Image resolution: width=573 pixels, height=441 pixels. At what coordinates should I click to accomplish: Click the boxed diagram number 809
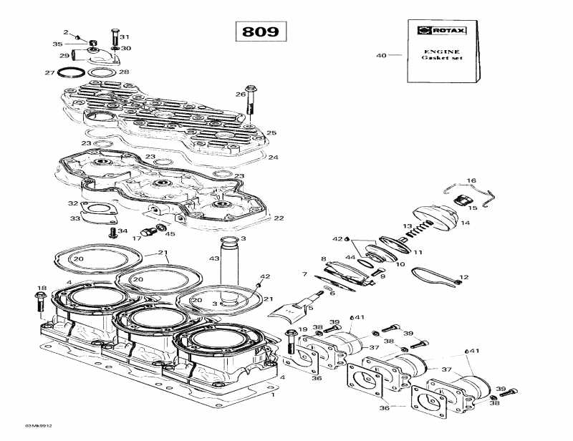point(260,31)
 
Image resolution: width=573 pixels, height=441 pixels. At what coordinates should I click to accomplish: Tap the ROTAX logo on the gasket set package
point(437,30)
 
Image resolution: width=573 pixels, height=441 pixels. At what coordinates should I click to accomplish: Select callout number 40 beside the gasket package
point(381,55)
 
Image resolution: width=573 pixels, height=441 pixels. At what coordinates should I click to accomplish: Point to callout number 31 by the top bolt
point(125,37)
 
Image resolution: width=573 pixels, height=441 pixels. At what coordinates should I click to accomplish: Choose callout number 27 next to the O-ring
point(49,73)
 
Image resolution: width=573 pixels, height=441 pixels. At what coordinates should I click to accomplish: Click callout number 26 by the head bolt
point(241,94)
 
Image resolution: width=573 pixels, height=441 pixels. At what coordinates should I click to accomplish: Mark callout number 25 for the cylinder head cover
point(271,132)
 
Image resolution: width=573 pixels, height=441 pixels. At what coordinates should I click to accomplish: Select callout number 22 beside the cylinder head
point(279,218)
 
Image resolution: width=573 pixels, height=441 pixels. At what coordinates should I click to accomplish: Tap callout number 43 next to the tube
point(213,258)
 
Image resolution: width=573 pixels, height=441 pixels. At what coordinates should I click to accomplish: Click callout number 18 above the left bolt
point(40,288)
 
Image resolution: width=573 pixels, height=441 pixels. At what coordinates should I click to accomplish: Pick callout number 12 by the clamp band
point(464,277)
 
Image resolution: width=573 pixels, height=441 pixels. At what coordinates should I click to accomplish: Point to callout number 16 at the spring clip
point(471,180)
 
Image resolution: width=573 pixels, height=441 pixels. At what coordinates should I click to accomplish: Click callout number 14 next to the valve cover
point(465,223)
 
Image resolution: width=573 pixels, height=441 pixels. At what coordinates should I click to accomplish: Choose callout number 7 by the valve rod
point(304,275)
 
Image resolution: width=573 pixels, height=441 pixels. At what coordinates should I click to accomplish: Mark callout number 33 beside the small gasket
point(74,218)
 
